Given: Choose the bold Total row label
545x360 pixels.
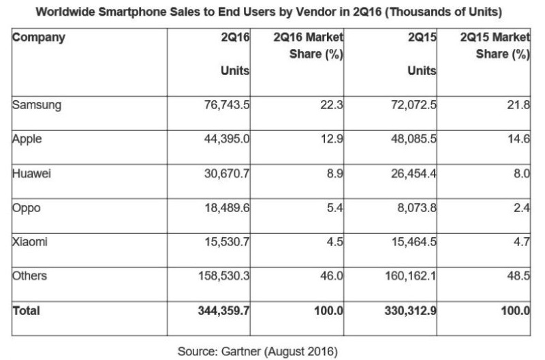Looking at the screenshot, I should click(26, 311).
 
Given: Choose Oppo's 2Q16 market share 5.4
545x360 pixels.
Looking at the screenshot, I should click(332, 207).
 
